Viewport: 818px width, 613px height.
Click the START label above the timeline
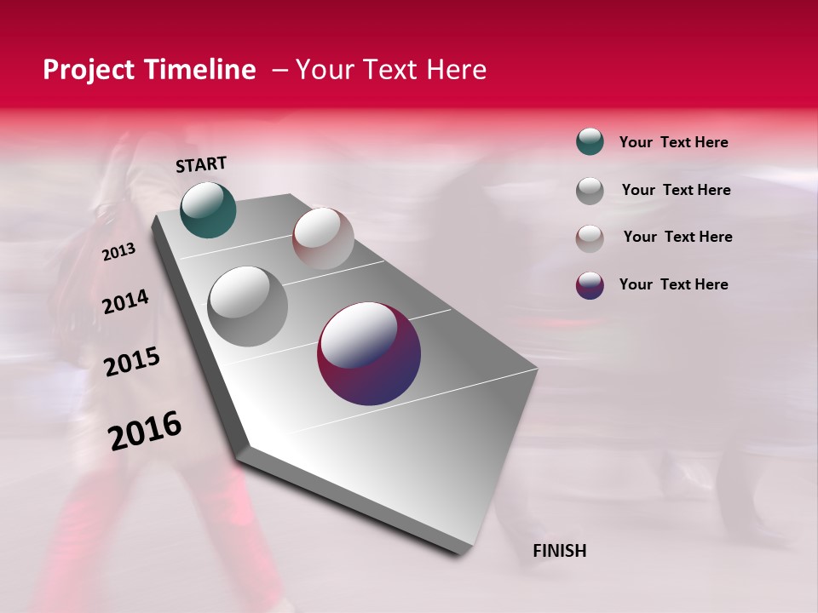coord(201,163)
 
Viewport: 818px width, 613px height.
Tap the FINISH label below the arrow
coord(559,551)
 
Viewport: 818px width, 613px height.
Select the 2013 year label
coord(118,251)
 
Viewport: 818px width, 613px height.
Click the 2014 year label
coord(125,302)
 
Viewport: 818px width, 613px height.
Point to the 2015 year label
coord(132,362)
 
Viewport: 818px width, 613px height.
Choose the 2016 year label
coord(145,431)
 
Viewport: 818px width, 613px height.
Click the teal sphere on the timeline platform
coord(208,209)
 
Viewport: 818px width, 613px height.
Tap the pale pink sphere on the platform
coord(323,238)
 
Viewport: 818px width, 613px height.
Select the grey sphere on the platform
coord(247,306)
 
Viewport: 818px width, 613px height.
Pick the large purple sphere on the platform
coord(369,353)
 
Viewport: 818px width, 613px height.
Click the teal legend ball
coord(590,141)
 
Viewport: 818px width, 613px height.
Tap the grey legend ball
coord(590,191)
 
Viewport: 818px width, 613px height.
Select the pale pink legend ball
coord(590,238)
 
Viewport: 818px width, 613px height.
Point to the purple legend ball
coord(590,285)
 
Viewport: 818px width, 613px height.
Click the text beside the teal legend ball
coord(673,143)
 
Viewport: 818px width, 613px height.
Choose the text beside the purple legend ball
coord(673,284)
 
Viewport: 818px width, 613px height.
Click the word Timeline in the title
coord(203,70)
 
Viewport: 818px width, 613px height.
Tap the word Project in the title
coord(89,70)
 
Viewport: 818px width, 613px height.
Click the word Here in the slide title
coord(456,70)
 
